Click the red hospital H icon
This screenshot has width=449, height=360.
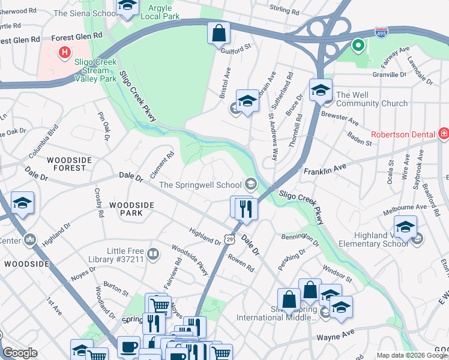click(x=64, y=53)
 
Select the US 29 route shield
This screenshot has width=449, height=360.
click(x=229, y=239)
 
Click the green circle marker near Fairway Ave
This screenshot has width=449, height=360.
click(x=358, y=45)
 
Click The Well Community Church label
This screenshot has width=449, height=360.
click(x=372, y=99)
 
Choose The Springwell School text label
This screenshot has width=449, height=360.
click(x=200, y=184)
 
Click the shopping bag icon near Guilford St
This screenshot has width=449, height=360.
click(x=219, y=33)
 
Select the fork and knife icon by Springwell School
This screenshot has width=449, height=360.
click(x=246, y=208)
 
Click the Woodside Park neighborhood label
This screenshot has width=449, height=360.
click(x=131, y=209)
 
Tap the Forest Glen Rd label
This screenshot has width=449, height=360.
click(x=20, y=39)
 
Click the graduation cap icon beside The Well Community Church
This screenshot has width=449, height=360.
click(x=321, y=90)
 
